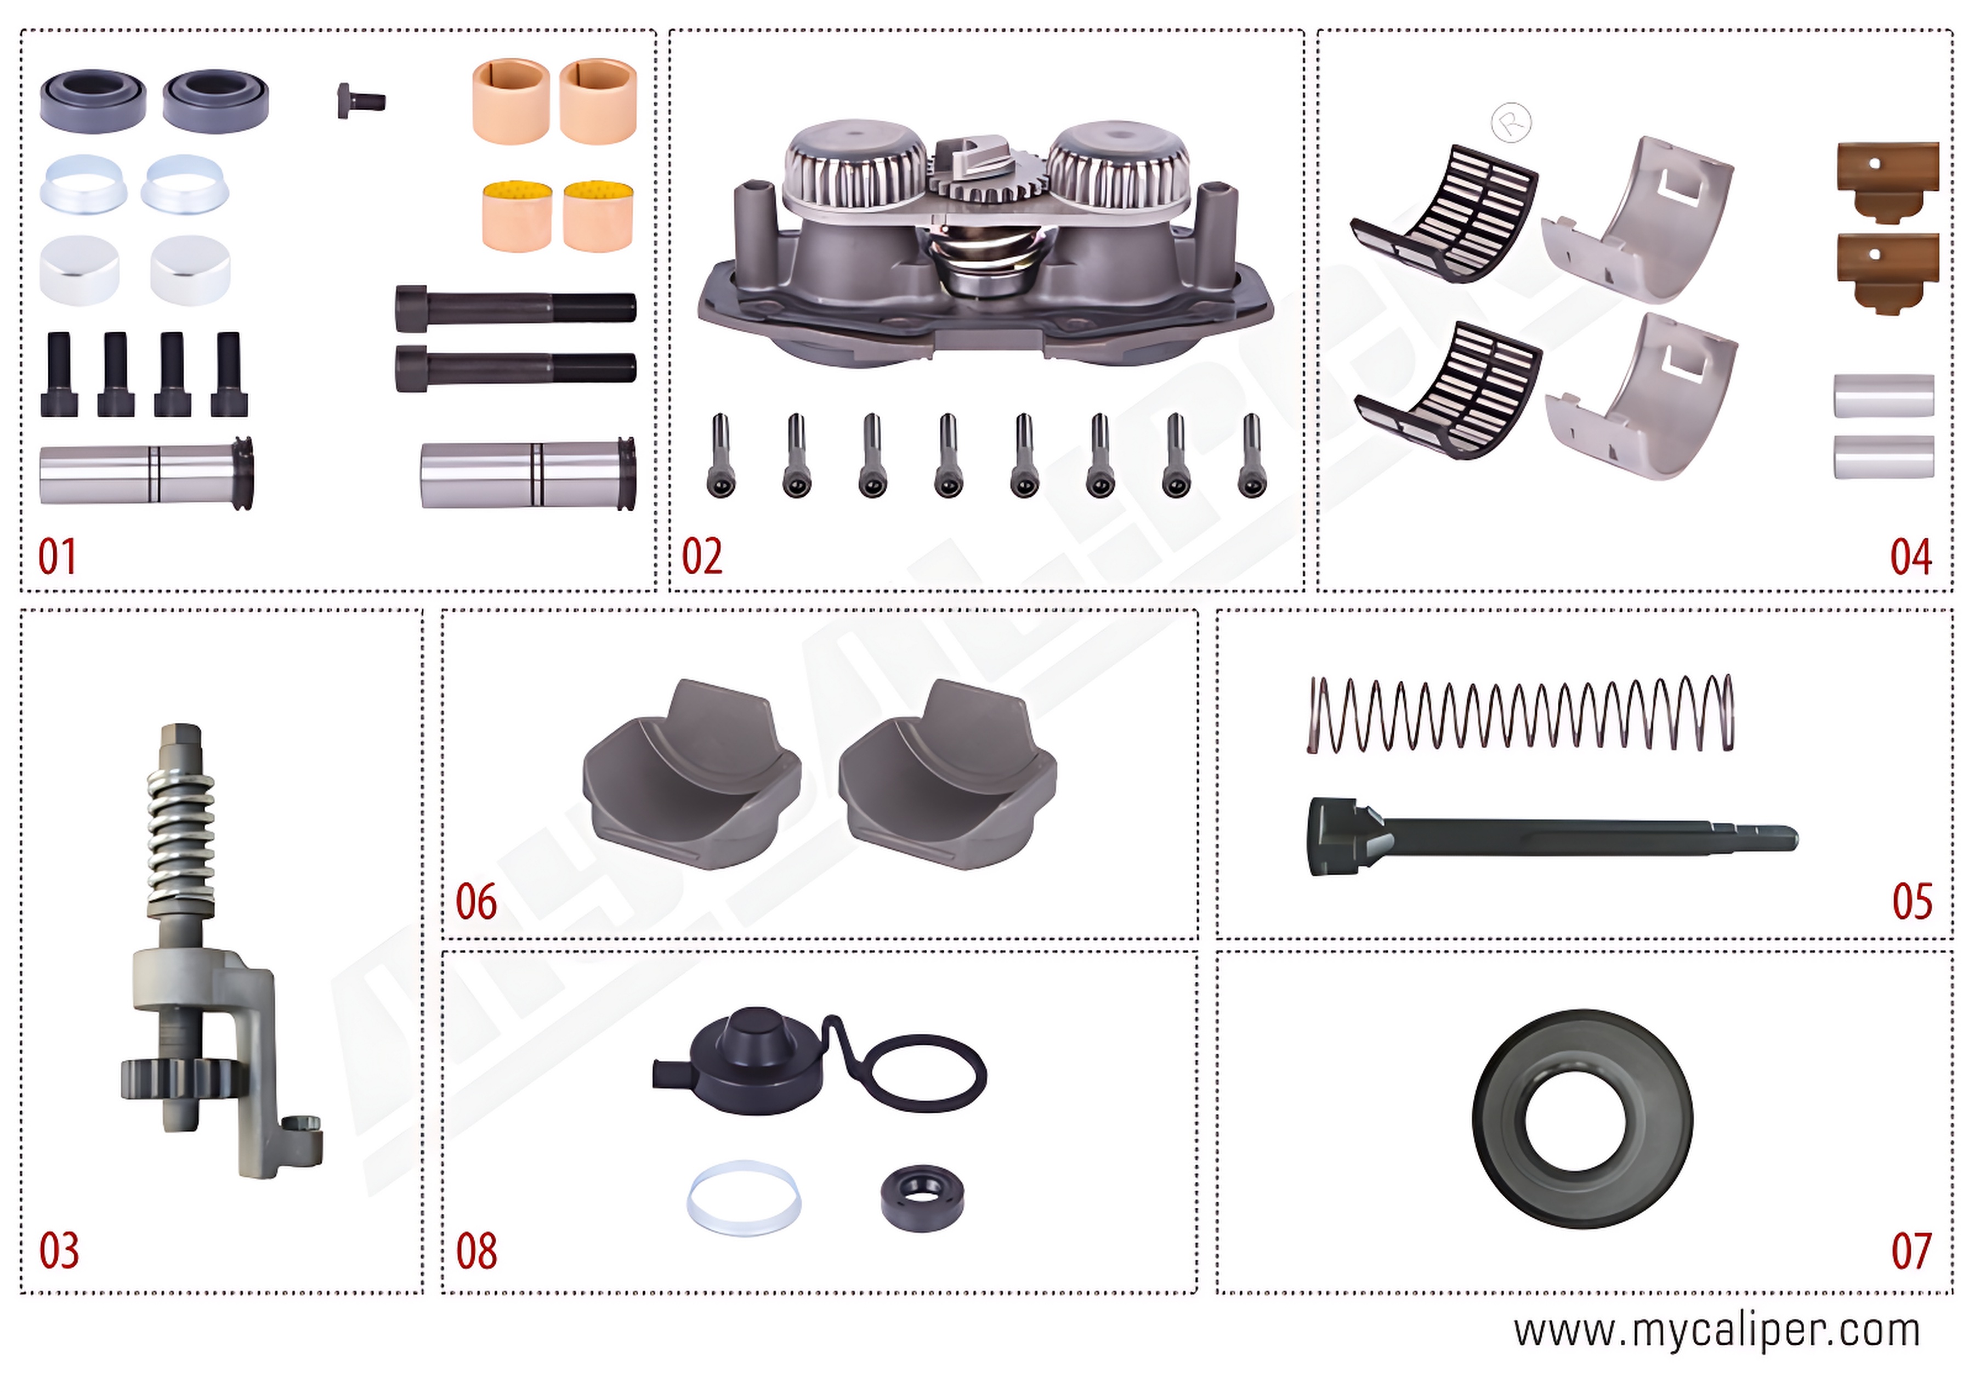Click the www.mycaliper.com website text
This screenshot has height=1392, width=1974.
(1717, 1332)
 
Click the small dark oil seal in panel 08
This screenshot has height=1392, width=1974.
(922, 1198)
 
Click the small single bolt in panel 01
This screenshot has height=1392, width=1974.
(360, 101)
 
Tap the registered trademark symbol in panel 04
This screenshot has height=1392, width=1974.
(1511, 123)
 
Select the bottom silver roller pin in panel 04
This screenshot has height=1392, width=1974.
(1884, 456)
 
